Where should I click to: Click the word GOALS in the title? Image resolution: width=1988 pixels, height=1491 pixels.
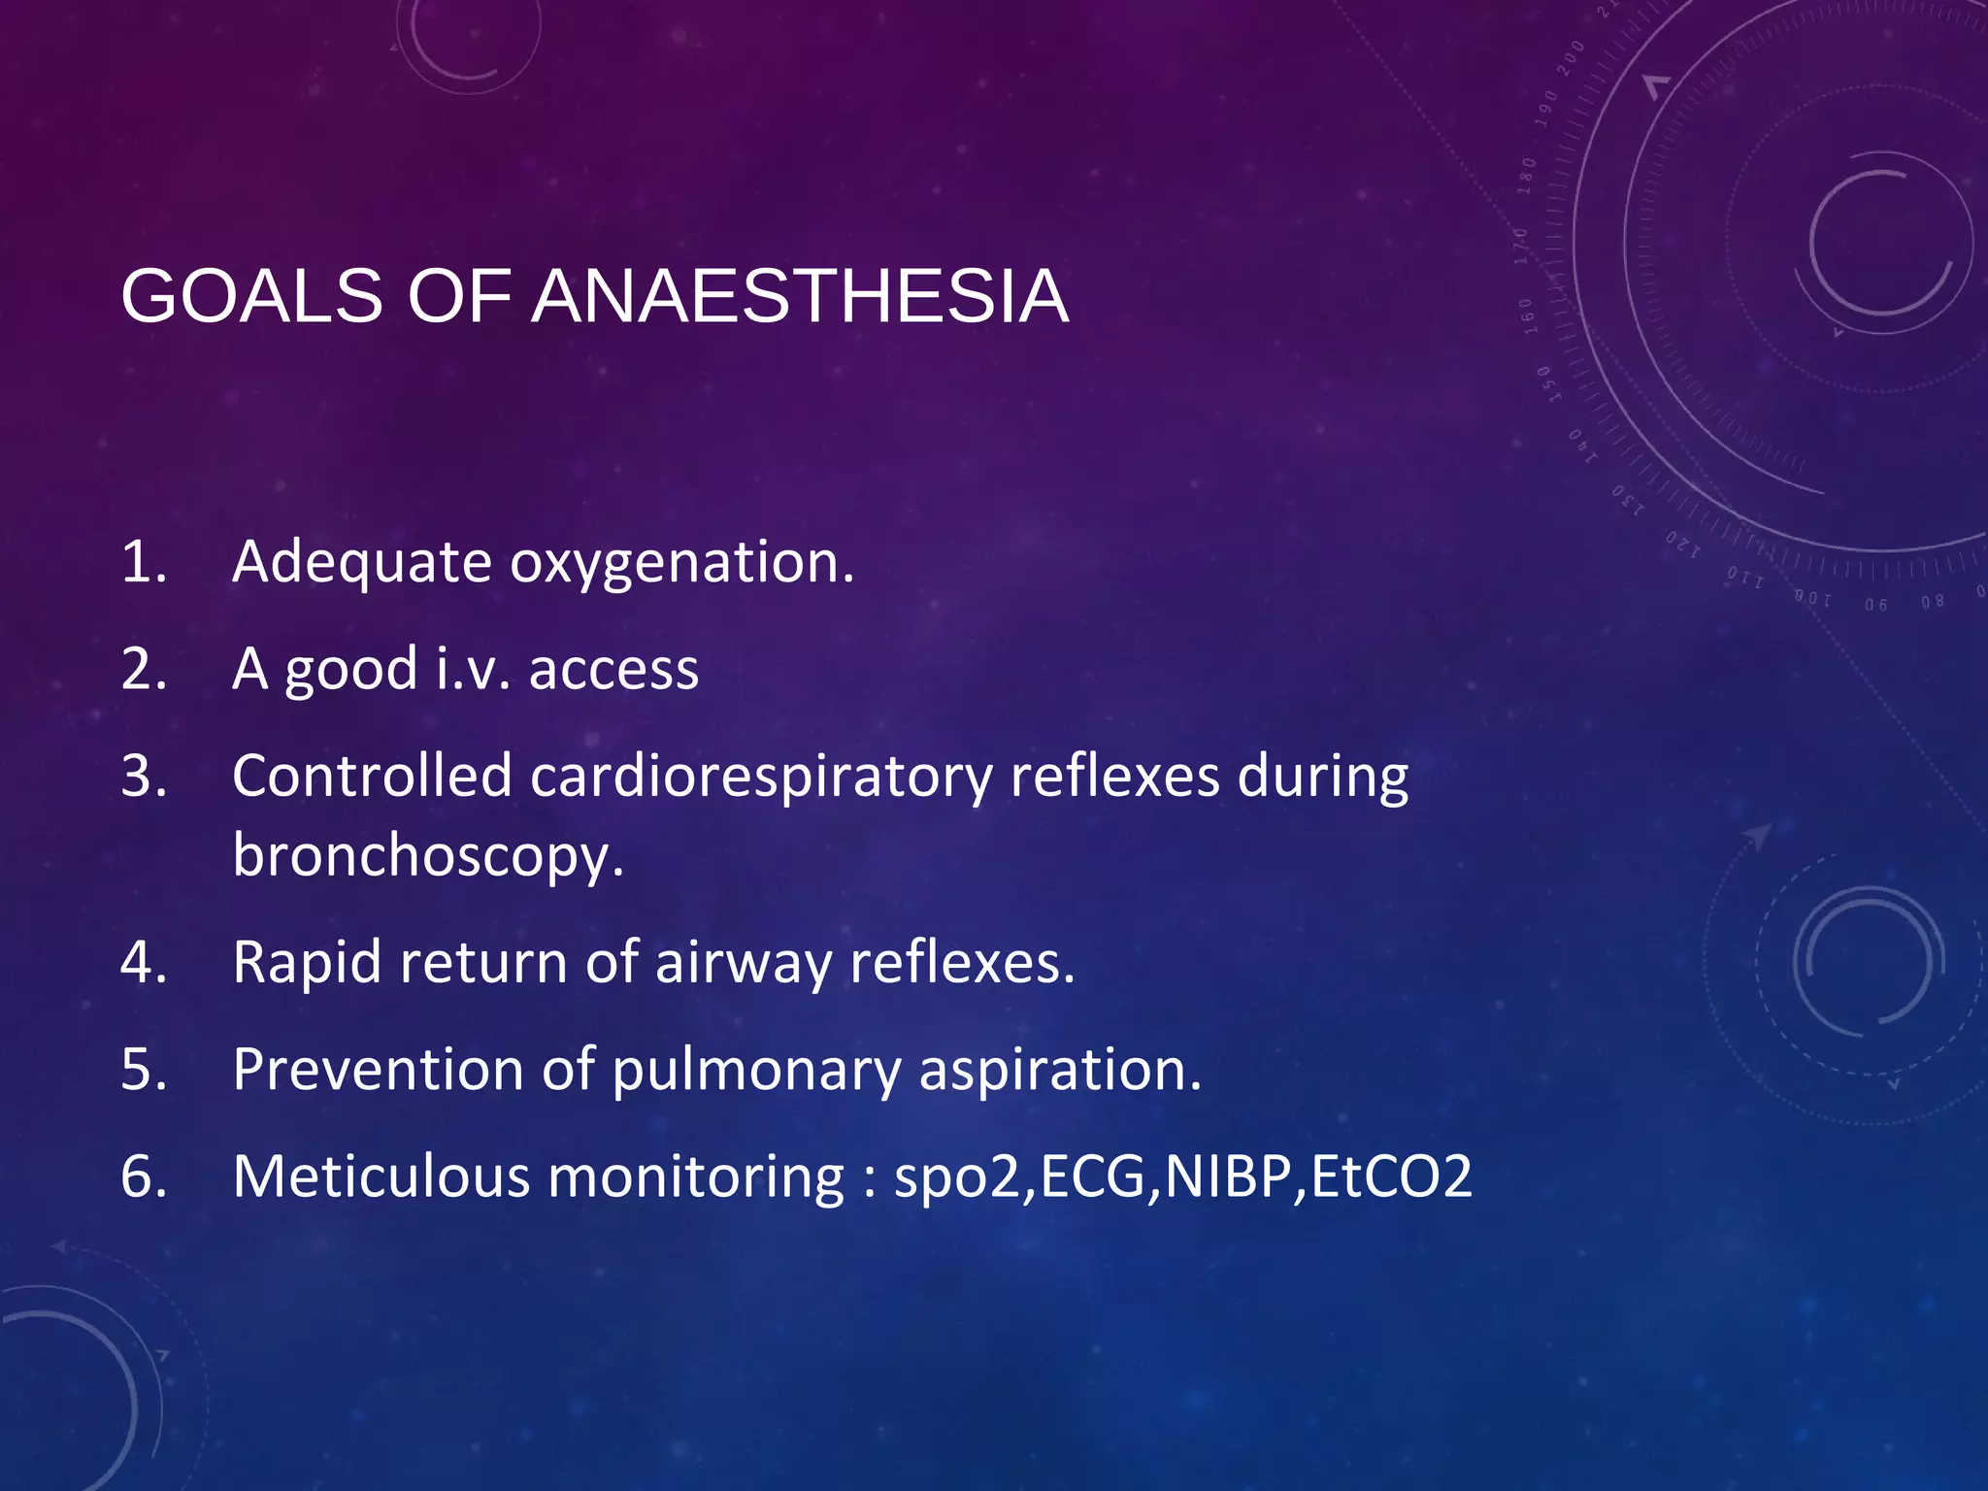pyautogui.click(x=251, y=296)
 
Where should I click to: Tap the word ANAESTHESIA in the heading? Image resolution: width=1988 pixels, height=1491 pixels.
pyautogui.click(x=800, y=296)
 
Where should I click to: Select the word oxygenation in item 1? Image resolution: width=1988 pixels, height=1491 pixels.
pyautogui.click(x=681, y=563)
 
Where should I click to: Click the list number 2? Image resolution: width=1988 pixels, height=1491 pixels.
pyautogui.click(x=142, y=670)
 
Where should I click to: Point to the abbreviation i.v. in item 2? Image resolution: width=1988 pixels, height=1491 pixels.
pyautogui.click(x=473, y=670)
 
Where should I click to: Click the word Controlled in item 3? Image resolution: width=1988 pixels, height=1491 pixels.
pyautogui.click(x=372, y=777)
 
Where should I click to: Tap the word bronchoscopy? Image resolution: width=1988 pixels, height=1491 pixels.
pyautogui.click(x=427, y=857)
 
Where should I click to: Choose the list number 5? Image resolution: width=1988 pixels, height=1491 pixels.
pyautogui.click(x=142, y=1070)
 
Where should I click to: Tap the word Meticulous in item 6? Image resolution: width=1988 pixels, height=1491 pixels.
pyautogui.click(x=381, y=1176)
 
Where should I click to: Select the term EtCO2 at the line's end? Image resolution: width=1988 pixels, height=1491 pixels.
pyautogui.click(x=1391, y=1176)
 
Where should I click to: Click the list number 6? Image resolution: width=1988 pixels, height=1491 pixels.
pyautogui.click(x=142, y=1176)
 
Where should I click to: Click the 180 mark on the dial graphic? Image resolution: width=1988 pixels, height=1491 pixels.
pyautogui.click(x=1527, y=176)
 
